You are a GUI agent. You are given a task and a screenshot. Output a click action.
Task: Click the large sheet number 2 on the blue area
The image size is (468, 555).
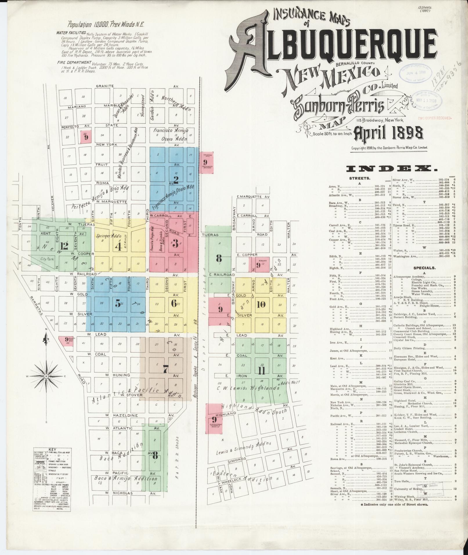(176, 178)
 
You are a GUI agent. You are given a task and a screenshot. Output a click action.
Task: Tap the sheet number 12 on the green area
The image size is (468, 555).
(64, 246)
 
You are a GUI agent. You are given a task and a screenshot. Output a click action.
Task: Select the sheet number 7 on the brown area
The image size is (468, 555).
(165, 370)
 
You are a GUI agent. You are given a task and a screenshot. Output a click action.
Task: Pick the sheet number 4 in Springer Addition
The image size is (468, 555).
(118, 246)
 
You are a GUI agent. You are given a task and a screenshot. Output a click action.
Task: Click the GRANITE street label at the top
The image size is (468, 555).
(104, 86)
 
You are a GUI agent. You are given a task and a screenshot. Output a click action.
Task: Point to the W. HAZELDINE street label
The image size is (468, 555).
(118, 415)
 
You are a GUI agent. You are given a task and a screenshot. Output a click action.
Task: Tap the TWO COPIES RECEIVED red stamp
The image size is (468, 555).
(435, 118)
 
